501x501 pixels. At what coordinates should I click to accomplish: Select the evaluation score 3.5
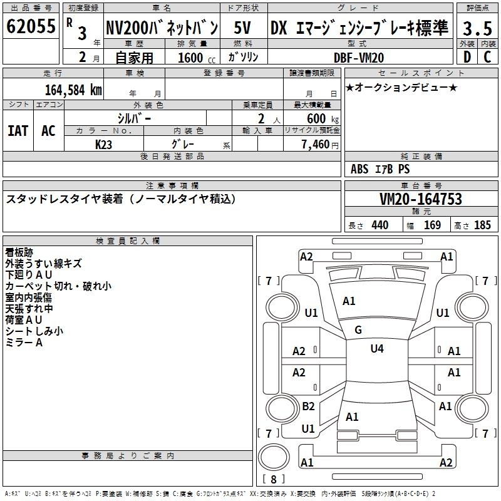(477, 28)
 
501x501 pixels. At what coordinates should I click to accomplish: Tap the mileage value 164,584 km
(73, 90)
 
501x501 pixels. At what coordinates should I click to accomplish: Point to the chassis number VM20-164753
(421, 199)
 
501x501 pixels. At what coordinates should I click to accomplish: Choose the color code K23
(104, 144)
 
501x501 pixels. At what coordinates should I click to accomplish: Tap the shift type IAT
(18, 131)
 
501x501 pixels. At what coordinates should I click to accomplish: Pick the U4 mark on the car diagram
(377, 348)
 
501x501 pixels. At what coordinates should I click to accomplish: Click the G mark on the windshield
(358, 330)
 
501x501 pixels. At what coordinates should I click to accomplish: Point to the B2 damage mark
(308, 406)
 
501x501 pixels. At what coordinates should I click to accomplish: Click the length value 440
(380, 225)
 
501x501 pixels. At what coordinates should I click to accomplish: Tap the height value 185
(482, 225)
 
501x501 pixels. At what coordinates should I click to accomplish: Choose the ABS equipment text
(359, 169)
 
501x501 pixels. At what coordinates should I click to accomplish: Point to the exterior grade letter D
(467, 57)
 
